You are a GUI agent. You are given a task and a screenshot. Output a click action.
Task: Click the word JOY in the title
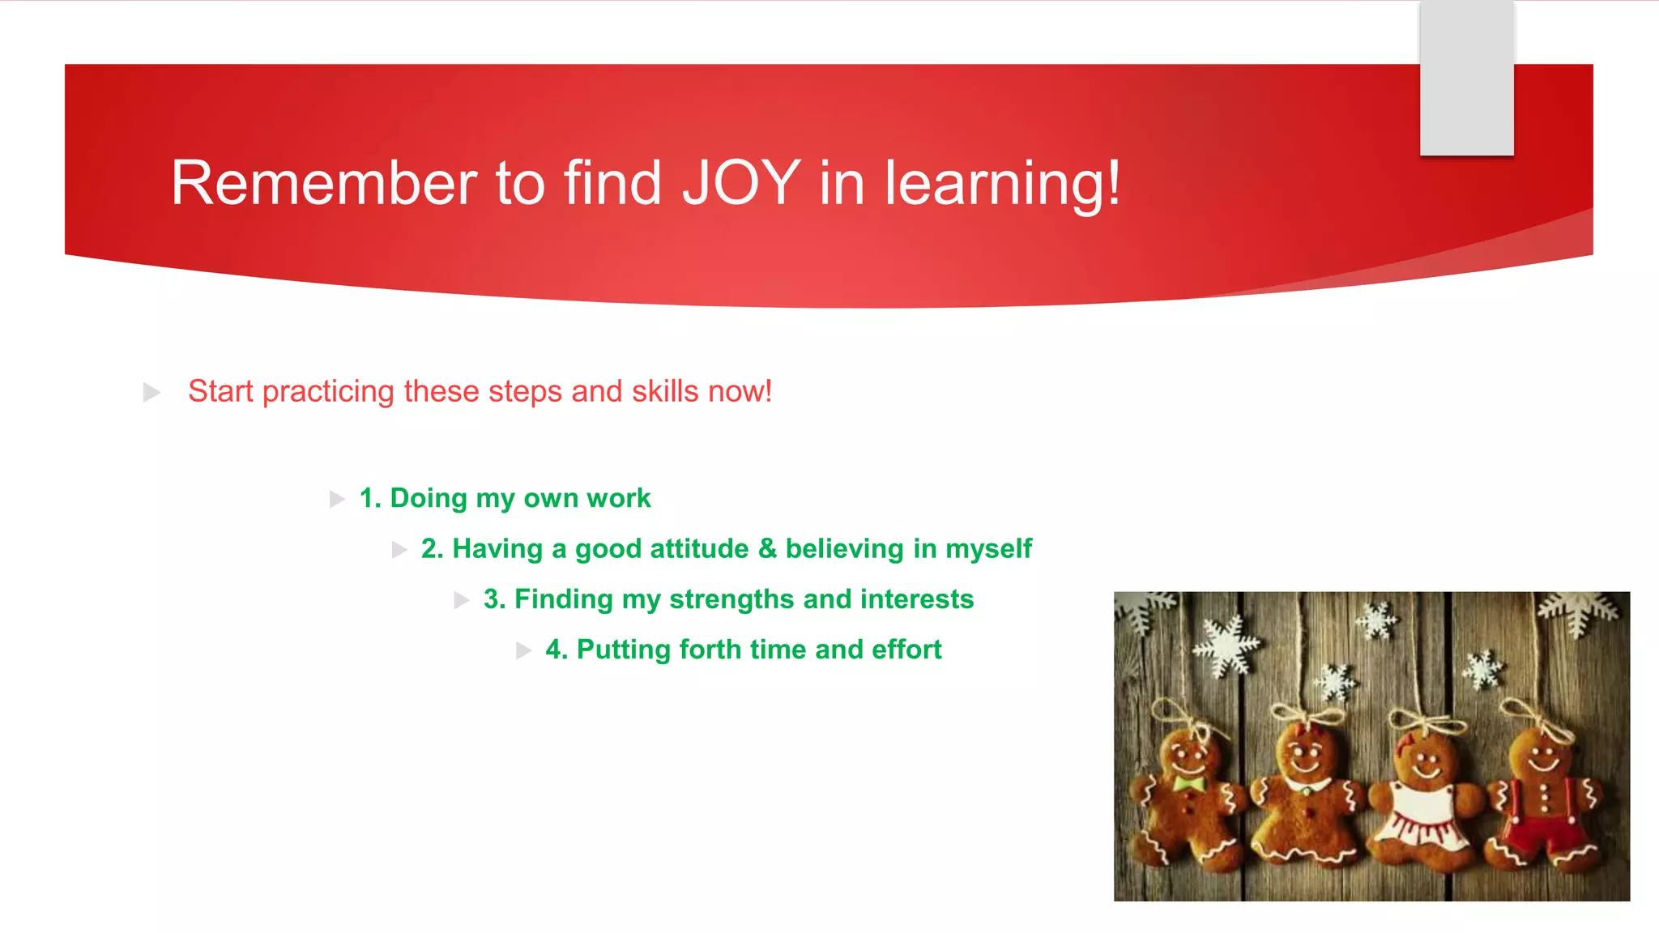[x=740, y=183]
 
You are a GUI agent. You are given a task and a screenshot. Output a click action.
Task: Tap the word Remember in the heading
[x=323, y=183]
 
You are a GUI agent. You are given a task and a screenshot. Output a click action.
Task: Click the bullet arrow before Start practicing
[x=151, y=393]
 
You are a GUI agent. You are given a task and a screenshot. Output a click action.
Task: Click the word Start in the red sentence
[x=220, y=391]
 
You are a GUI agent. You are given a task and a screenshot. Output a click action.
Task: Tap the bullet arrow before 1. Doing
[x=337, y=499]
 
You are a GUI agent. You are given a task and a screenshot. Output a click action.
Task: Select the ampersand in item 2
[x=766, y=548]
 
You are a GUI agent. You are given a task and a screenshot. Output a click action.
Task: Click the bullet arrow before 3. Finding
[x=462, y=600]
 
